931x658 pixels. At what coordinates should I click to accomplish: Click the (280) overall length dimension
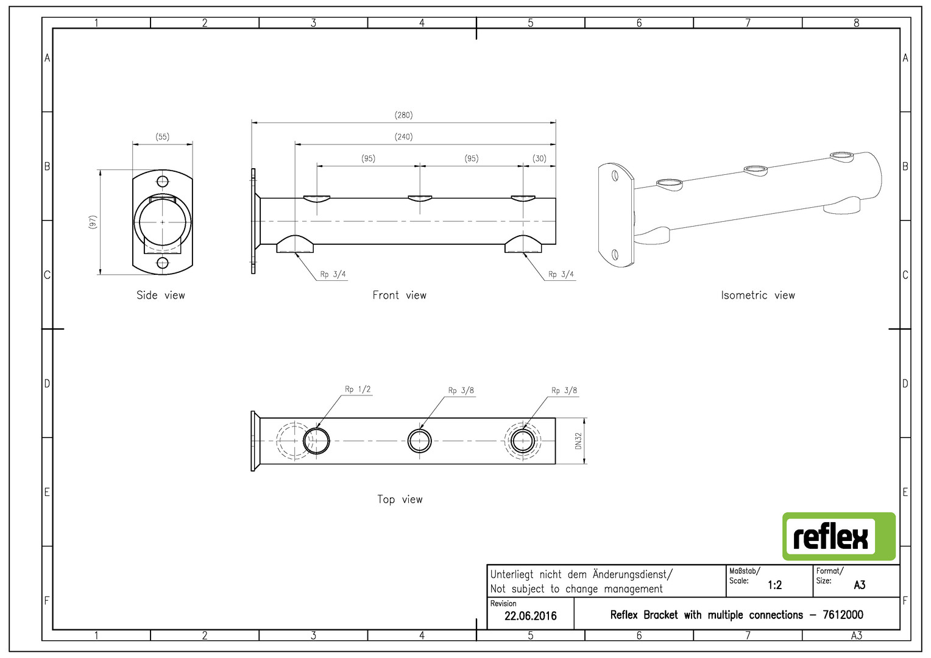click(x=403, y=115)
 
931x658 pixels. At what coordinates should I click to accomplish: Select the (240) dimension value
click(x=403, y=137)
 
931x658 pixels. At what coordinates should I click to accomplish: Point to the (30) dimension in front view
click(x=539, y=158)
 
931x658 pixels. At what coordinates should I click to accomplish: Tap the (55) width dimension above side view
click(x=162, y=137)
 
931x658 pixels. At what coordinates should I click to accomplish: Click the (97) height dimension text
click(x=93, y=222)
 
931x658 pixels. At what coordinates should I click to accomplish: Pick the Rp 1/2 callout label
click(x=358, y=389)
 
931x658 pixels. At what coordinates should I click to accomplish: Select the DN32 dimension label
click(x=578, y=440)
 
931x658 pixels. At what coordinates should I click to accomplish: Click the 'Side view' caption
click(x=160, y=295)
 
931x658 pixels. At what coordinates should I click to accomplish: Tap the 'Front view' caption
click(x=399, y=295)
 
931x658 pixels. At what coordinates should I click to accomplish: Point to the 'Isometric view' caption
click(x=757, y=295)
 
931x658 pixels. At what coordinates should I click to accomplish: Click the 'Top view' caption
click(x=400, y=500)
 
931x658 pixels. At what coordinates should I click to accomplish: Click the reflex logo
click(x=838, y=537)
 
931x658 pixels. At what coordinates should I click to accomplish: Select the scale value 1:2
click(x=774, y=585)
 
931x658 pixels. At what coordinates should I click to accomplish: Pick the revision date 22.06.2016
click(x=530, y=616)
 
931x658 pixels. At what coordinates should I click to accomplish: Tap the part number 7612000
click(x=843, y=615)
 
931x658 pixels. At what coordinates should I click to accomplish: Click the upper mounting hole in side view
click(x=162, y=181)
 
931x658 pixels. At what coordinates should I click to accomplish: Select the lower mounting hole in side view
click(x=162, y=263)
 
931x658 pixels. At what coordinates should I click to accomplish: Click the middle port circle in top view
click(x=419, y=440)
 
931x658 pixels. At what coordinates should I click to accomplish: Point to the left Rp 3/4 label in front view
click(x=333, y=275)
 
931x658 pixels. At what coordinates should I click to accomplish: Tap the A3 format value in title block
click(x=859, y=585)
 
